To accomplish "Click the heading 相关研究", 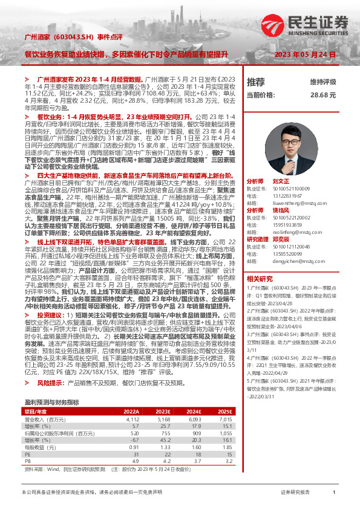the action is (x=260, y=262).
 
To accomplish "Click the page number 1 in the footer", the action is (x=333, y=493).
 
